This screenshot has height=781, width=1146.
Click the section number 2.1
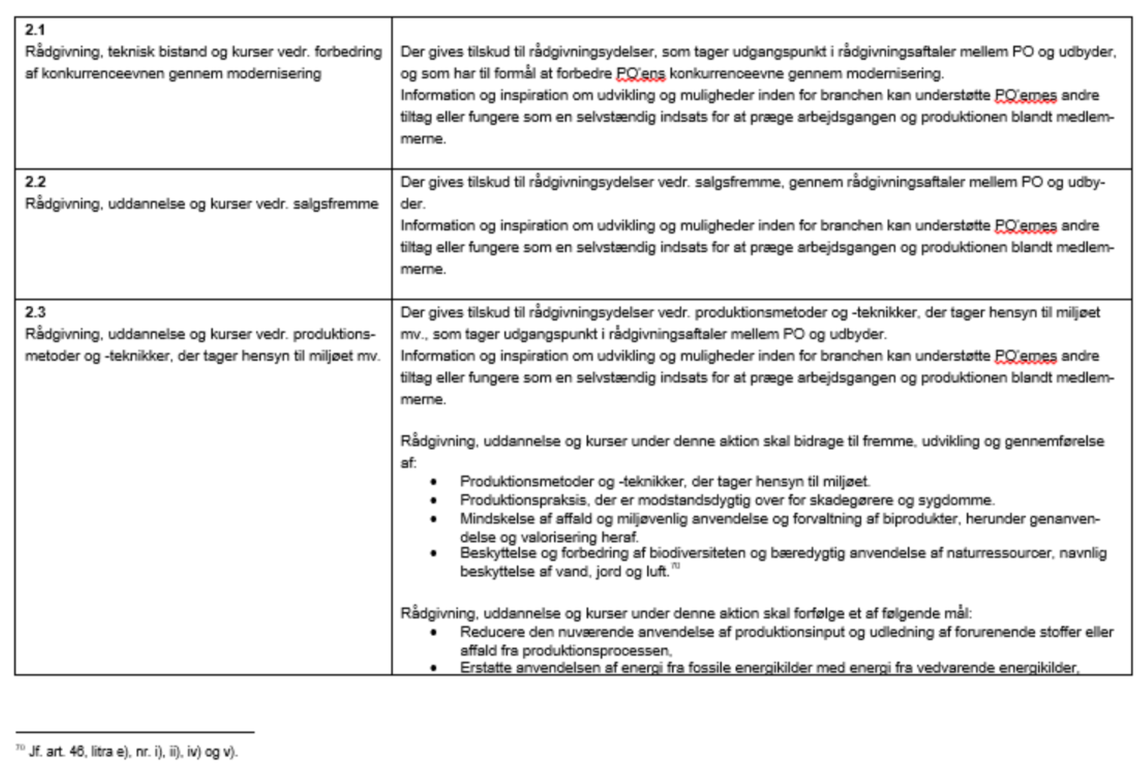pyautogui.click(x=35, y=30)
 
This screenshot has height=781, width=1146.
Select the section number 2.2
pyautogui.click(x=35, y=182)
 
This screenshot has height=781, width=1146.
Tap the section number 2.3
pyautogui.click(x=35, y=312)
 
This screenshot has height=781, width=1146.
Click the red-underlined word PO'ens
pyautogui.click(x=640, y=74)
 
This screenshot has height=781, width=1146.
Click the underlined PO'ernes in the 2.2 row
pyautogui.click(x=1025, y=226)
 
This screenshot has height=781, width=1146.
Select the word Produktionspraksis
pyautogui.click(x=523, y=500)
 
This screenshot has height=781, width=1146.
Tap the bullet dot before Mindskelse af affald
pyautogui.click(x=434, y=519)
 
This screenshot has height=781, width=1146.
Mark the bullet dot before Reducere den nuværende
pyautogui.click(x=434, y=633)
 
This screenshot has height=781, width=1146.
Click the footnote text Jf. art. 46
pyautogui.click(x=57, y=752)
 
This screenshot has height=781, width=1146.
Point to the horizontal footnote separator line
pyautogui.click(x=135, y=732)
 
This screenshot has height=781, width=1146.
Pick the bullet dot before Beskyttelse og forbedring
pyautogui.click(x=434, y=554)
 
